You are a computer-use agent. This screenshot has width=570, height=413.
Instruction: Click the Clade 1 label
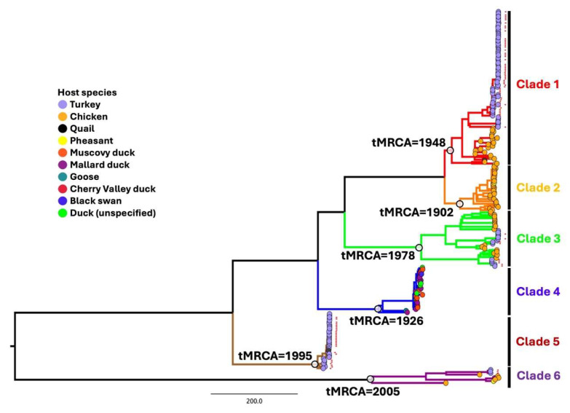pyautogui.click(x=538, y=84)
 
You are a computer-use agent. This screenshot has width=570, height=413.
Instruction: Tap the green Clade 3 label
pyautogui.click(x=538, y=237)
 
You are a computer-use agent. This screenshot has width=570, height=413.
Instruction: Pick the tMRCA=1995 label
pyautogui.click(x=273, y=355)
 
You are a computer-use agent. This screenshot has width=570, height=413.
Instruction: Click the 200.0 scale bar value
pyautogui.click(x=254, y=401)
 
